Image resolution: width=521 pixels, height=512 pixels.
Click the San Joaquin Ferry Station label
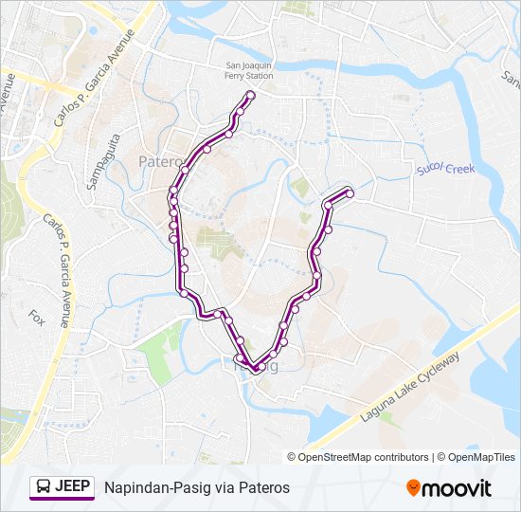pyautogui.click(x=249, y=71)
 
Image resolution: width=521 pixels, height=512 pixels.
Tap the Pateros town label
pyautogui.click(x=157, y=162)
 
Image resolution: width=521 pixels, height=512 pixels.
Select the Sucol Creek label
pyautogui.click(x=444, y=170)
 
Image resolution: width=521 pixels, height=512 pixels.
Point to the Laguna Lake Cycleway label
pyautogui.click(x=409, y=388)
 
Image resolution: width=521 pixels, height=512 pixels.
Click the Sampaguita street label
pyautogui.click(x=105, y=157)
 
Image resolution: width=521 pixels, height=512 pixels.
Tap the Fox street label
pyautogui.click(x=37, y=316)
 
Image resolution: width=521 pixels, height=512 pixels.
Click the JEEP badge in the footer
pyautogui.click(x=62, y=487)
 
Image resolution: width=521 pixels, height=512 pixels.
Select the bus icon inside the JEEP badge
pyautogui.click(x=44, y=487)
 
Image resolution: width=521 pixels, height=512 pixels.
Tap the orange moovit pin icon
pyautogui.click(x=414, y=488)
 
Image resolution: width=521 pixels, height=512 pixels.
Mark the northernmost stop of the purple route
pyautogui.click(x=250, y=94)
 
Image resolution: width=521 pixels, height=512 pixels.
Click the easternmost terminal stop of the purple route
pyautogui.click(x=350, y=193)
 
